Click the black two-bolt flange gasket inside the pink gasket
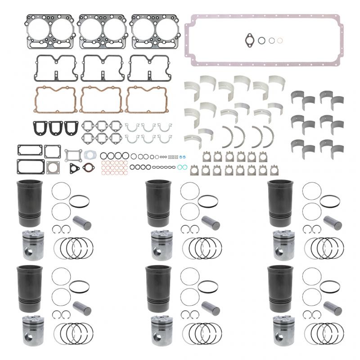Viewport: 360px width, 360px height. tap(249, 40)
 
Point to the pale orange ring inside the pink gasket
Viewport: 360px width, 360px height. tap(280, 40)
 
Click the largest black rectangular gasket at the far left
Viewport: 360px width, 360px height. tap(30, 166)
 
